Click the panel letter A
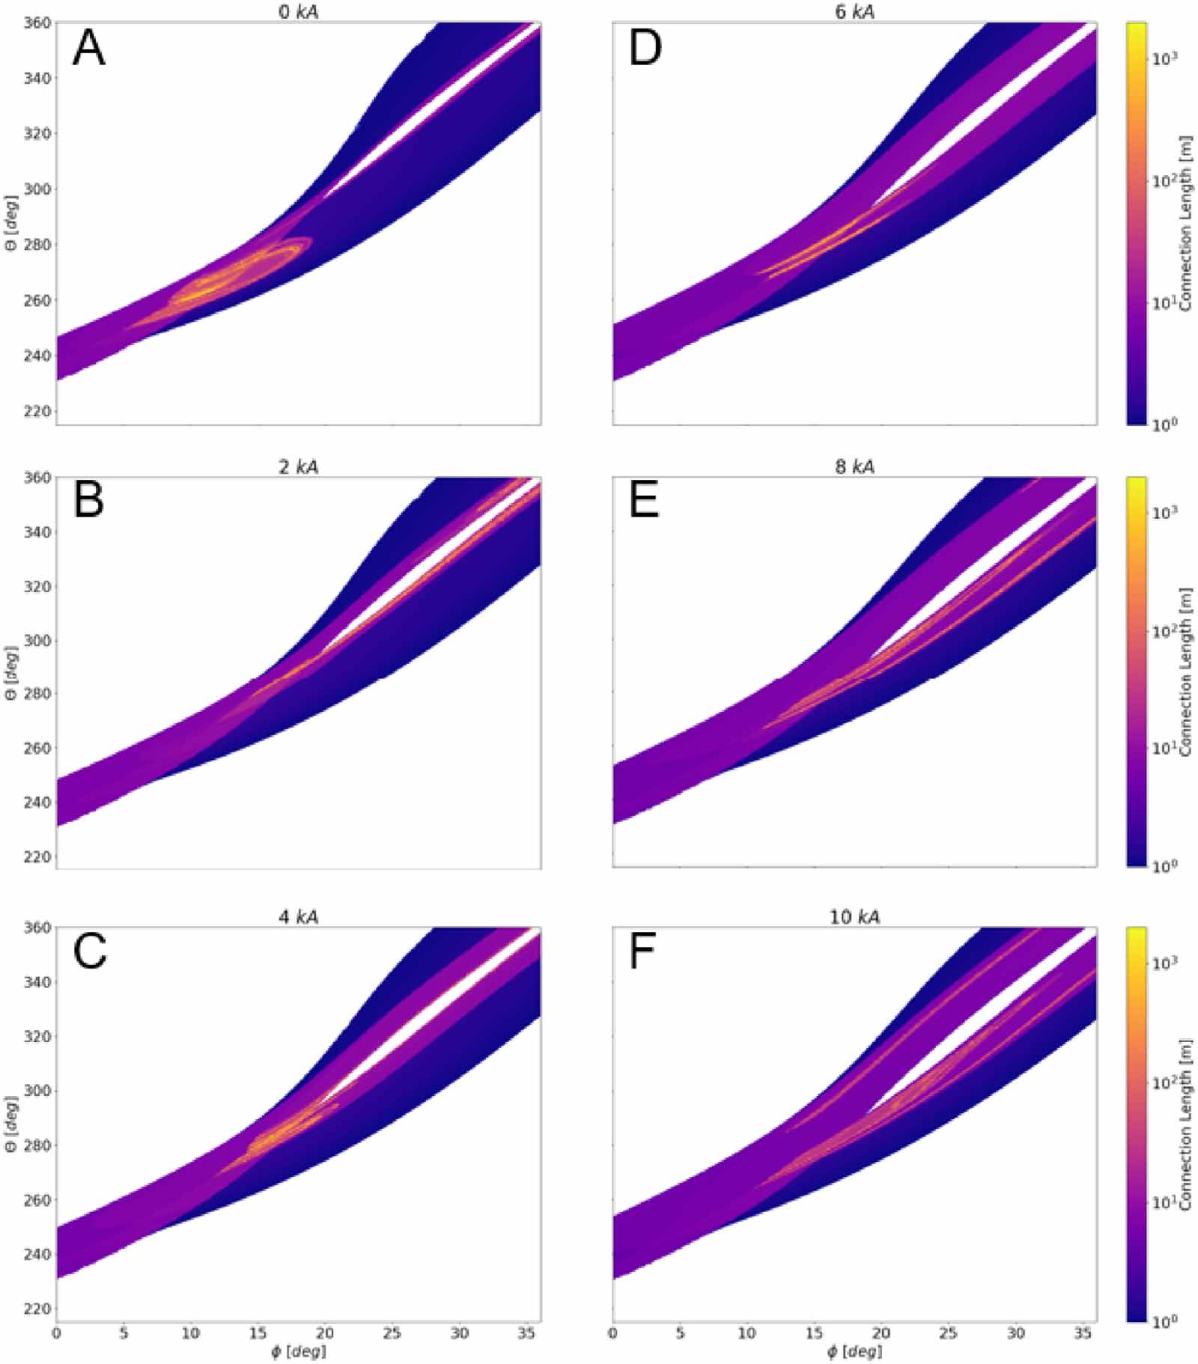pos(88,50)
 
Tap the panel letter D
pos(645,50)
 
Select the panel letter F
pos(642,953)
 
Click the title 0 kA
pos(298,12)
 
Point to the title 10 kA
pos(854,917)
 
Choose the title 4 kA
pos(298,917)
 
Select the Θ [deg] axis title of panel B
pos(10,672)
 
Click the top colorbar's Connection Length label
pos(1185,225)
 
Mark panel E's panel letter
pos(644,502)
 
